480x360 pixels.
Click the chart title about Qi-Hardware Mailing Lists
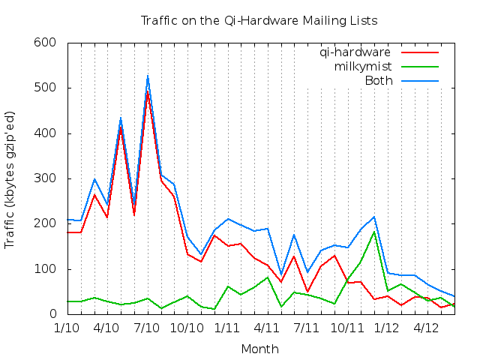pyautogui.click(x=259, y=20)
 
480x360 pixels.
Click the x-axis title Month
pyautogui.click(x=259, y=349)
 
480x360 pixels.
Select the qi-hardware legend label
pyautogui.click(x=355, y=52)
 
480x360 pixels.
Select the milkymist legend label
pyautogui.click(x=363, y=67)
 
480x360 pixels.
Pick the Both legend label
pyautogui.click(x=378, y=81)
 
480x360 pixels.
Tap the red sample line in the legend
pyautogui.click(x=419, y=52)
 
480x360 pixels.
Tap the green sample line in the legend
pyautogui.click(x=419, y=67)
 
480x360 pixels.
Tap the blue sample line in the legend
pyautogui.click(x=419, y=81)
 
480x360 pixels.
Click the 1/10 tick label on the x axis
pyautogui.click(x=67, y=328)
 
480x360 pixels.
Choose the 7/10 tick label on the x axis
pyautogui.click(x=147, y=328)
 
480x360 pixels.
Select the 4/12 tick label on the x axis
pyautogui.click(x=427, y=328)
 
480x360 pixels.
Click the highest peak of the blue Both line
pyautogui.click(x=148, y=76)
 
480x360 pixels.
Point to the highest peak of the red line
pyautogui.click(x=148, y=91)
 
